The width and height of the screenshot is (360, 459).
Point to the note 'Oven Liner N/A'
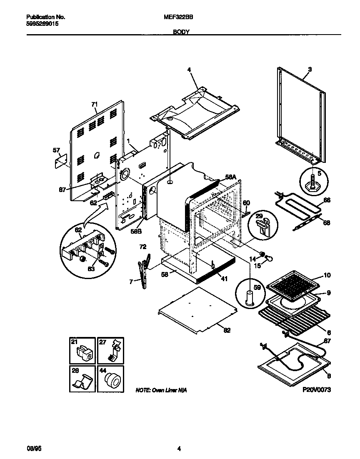point(161,390)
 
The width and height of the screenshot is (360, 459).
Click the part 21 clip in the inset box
point(84,353)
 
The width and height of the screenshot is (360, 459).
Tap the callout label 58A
point(230,177)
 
